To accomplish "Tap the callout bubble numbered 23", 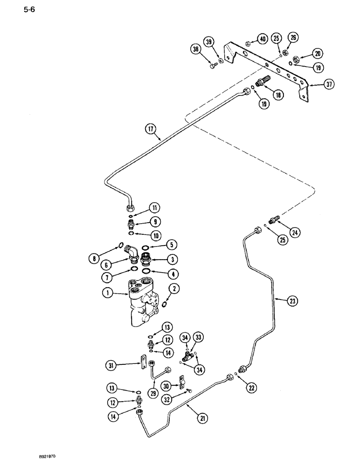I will click(x=292, y=302).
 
